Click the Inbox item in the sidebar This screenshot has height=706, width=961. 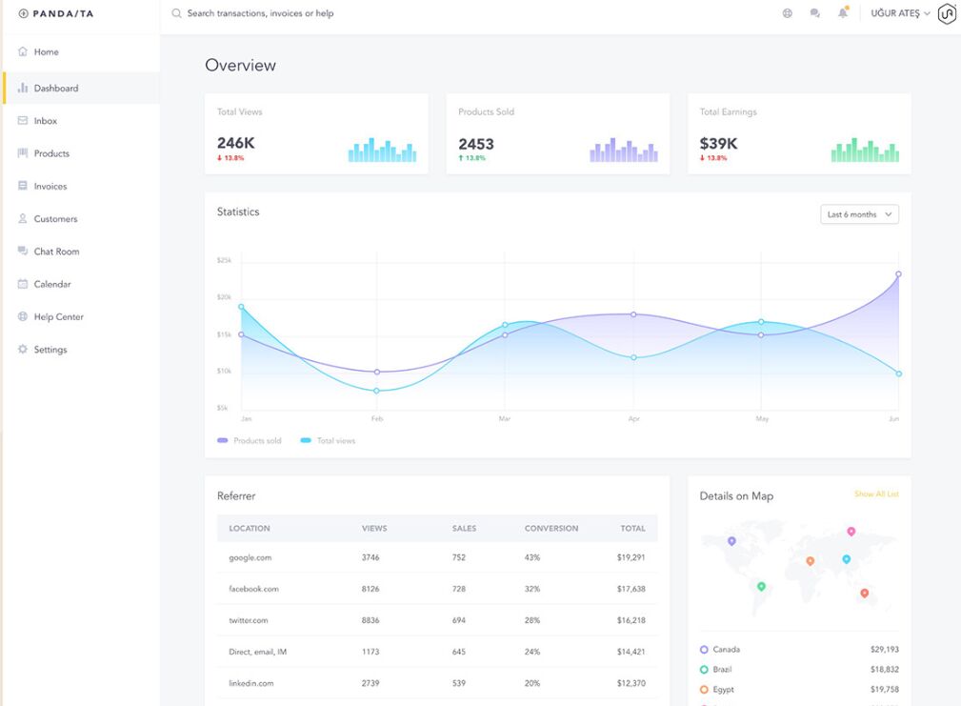click(x=45, y=121)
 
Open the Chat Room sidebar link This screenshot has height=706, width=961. click(x=55, y=252)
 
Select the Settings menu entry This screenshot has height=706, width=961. click(x=50, y=350)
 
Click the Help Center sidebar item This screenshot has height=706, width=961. click(x=58, y=317)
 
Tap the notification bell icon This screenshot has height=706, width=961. click(x=843, y=13)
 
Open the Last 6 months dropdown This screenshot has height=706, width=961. click(x=859, y=214)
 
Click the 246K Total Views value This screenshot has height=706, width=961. click(x=235, y=144)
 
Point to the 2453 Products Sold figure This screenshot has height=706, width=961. click(x=476, y=144)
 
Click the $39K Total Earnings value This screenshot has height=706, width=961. click(x=718, y=144)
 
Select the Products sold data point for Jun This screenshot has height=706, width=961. click(x=898, y=274)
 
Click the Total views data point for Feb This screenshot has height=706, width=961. click(x=377, y=391)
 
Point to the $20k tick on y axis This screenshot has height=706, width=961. click(x=224, y=297)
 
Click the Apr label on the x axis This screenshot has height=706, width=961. click(x=632, y=419)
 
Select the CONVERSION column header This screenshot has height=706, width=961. click(x=551, y=528)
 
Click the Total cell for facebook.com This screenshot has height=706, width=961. click(x=631, y=589)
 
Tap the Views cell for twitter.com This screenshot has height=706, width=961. click(x=370, y=620)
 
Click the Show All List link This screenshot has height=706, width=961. click(x=876, y=494)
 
